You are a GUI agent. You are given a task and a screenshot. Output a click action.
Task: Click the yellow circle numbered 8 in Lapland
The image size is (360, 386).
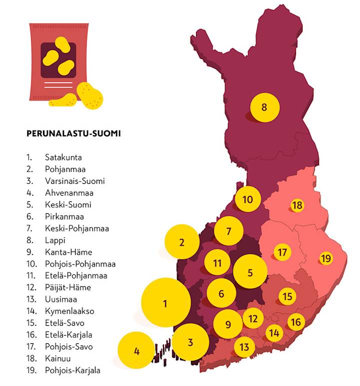[x=264, y=107]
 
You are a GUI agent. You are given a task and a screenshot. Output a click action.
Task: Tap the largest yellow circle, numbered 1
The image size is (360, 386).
[x=165, y=303]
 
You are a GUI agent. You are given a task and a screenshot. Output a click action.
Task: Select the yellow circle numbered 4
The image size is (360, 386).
[x=137, y=351]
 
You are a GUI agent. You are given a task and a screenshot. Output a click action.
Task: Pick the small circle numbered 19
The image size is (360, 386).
[x=325, y=258]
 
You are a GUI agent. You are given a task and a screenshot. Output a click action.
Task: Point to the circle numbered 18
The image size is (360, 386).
[x=297, y=205]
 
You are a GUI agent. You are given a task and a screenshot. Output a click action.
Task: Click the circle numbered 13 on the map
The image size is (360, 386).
[x=244, y=346]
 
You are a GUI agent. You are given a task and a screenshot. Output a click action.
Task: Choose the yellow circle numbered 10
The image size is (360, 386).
[x=248, y=200]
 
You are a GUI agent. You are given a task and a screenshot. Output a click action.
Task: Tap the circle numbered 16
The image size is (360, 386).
[x=295, y=322]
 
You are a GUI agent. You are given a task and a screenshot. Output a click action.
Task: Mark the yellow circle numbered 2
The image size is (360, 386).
[x=182, y=242]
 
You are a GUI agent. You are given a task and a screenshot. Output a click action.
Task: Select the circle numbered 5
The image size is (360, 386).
[x=250, y=272]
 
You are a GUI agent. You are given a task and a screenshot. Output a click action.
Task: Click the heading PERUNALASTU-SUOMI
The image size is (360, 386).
[x=73, y=134]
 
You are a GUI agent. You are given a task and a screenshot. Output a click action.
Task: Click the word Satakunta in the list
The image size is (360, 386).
[x=63, y=157]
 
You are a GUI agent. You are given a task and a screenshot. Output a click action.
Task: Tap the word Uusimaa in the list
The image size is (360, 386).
[x=60, y=299]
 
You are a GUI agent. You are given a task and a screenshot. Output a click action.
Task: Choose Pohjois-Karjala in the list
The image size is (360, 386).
[x=72, y=370]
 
